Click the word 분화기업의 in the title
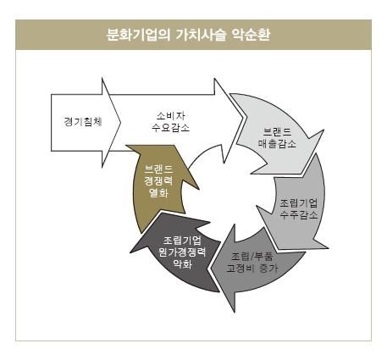click(x=139, y=35)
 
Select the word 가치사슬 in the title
click(x=201, y=35)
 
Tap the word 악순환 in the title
click(x=251, y=35)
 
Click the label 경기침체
click(x=83, y=122)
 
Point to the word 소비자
click(x=171, y=116)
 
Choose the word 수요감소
click(x=171, y=128)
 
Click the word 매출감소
click(x=277, y=143)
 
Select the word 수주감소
click(x=299, y=215)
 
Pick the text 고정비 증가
click(x=252, y=268)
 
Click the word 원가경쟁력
click(x=182, y=252)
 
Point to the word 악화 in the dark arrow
click(x=182, y=263)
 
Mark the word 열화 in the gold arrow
click(x=158, y=193)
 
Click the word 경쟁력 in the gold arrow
click(x=158, y=181)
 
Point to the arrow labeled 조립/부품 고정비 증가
click(x=252, y=269)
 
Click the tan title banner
click(x=193, y=35)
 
